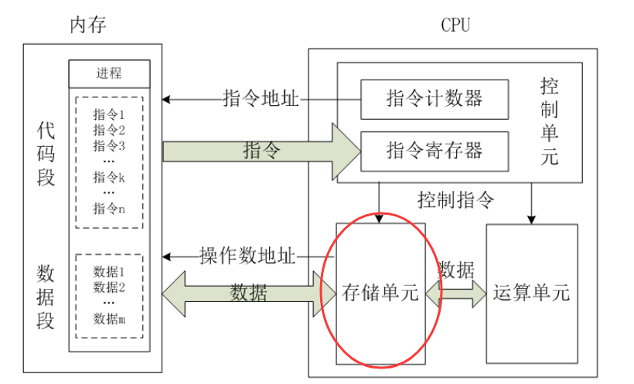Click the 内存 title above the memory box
pos(87,25)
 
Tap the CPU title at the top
pos(455,25)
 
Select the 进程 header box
pos(109,74)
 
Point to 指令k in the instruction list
pos(109,177)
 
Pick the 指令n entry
pos(109,208)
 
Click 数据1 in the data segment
pos(109,272)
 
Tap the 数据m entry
pos(109,318)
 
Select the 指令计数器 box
pos(435,99)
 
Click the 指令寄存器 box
pos(435,150)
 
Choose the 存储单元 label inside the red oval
pos(380,294)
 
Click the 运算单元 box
pos(531,294)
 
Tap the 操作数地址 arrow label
pos(247,256)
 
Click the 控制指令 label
pos(455,200)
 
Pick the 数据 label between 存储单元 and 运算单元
pos(456,270)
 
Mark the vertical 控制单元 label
pos(550,121)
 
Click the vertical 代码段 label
pos(46,154)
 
